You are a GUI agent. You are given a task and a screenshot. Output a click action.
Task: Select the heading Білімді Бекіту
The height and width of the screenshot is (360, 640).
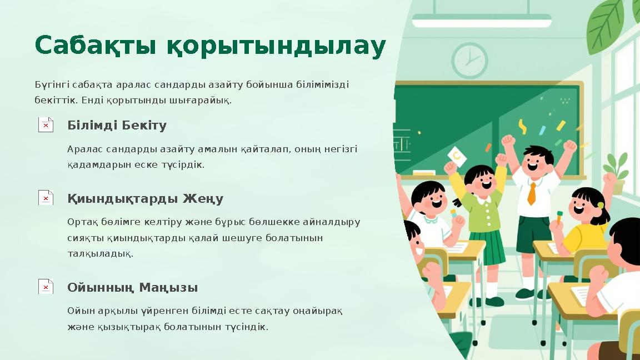pyautogui.click(x=117, y=126)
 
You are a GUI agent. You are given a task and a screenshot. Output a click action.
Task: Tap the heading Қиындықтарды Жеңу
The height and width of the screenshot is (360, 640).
pyautogui.click(x=145, y=198)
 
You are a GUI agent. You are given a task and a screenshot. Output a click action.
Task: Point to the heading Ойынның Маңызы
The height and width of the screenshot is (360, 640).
pyautogui.click(x=132, y=288)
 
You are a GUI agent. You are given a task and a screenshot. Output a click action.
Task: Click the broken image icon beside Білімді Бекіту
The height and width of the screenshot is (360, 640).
pyautogui.click(x=46, y=124)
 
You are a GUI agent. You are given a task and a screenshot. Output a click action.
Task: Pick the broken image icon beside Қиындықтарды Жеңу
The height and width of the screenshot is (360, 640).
pyautogui.click(x=46, y=197)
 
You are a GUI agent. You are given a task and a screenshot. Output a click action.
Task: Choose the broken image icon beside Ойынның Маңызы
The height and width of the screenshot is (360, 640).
pyautogui.click(x=46, y=287)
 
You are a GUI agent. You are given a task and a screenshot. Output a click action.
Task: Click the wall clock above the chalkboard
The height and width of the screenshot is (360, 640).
pyautogui.click(x=469, y=61)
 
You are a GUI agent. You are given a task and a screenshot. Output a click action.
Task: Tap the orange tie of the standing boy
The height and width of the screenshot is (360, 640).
pyautogui.click(x=532, y=193)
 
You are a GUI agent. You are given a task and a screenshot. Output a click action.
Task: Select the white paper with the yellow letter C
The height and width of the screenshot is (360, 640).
pyautogui.click(x=457, y=157)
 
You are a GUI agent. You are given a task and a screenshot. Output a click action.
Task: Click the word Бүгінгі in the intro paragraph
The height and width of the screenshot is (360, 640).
pyautogui.click(x=49, y=85)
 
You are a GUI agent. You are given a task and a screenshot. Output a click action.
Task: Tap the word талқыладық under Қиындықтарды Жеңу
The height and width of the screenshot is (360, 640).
pyautogui.click(x=100, y=254)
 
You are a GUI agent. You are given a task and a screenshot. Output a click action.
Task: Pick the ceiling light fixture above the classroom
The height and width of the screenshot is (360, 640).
pyautogui.click(x=481, y=21)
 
